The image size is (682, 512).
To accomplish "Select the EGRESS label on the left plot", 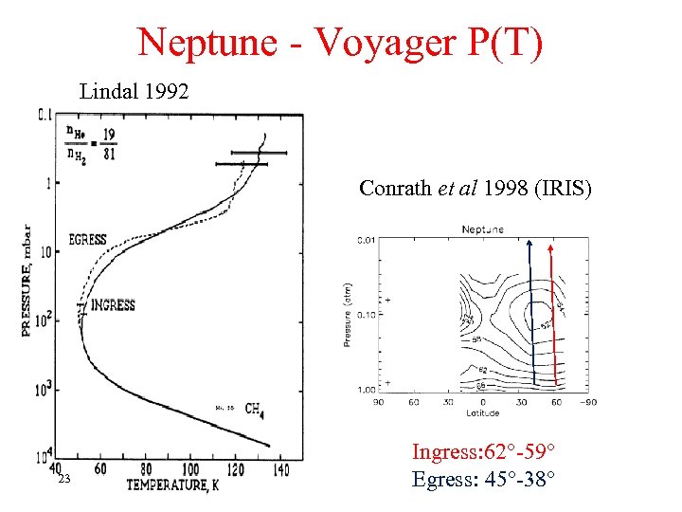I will [88, 240].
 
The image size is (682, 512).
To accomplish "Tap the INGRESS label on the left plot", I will [113, 304].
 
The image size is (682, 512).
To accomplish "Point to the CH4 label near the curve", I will [254, 409].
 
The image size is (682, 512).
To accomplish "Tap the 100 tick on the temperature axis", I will [189, 469].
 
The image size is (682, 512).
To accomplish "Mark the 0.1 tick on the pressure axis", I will [45, 116].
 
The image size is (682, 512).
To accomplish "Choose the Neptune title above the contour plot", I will [483, 229].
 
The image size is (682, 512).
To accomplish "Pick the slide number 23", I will [63, 480].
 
